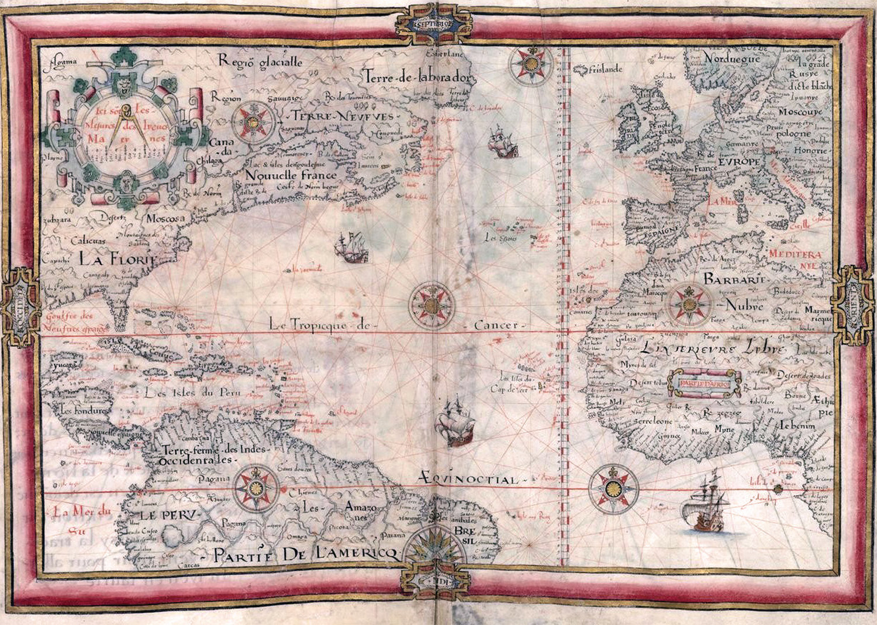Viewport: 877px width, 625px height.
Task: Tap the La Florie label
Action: (x=119, y=257)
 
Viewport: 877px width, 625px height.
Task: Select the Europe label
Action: (x=740, y=161)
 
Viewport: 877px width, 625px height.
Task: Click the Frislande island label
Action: (x=606, y=69)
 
